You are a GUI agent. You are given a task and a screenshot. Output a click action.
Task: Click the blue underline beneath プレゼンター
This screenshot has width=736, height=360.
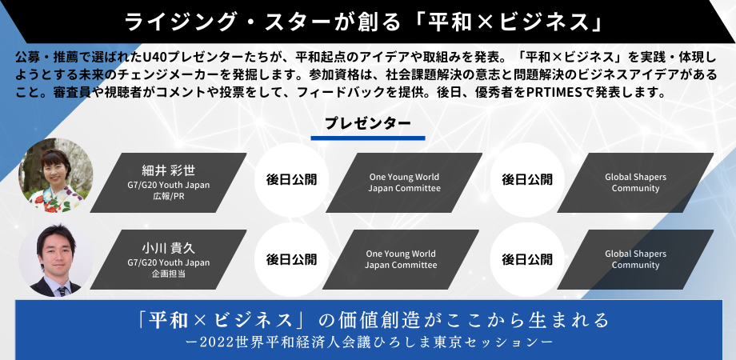click(367, 138)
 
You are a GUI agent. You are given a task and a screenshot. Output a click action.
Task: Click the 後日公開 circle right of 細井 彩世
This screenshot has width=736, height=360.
click(291, 179)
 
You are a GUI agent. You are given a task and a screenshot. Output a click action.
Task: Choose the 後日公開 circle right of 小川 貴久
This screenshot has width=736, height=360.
click(291, 259)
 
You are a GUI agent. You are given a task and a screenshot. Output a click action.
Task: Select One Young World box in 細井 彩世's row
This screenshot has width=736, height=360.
click(404, 182)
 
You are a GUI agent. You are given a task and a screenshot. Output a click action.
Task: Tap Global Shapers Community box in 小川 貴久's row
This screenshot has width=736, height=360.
click(635, 259)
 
